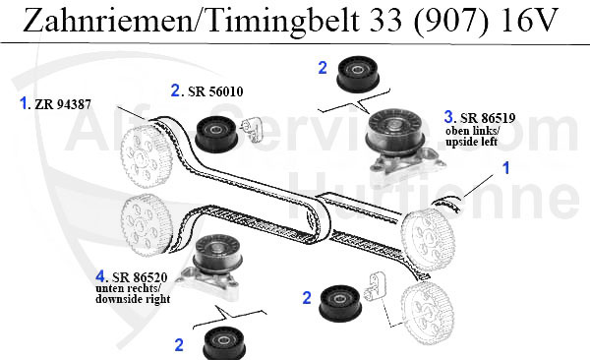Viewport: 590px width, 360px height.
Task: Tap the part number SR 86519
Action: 488,115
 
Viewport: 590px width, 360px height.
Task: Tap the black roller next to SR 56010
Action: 214,133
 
